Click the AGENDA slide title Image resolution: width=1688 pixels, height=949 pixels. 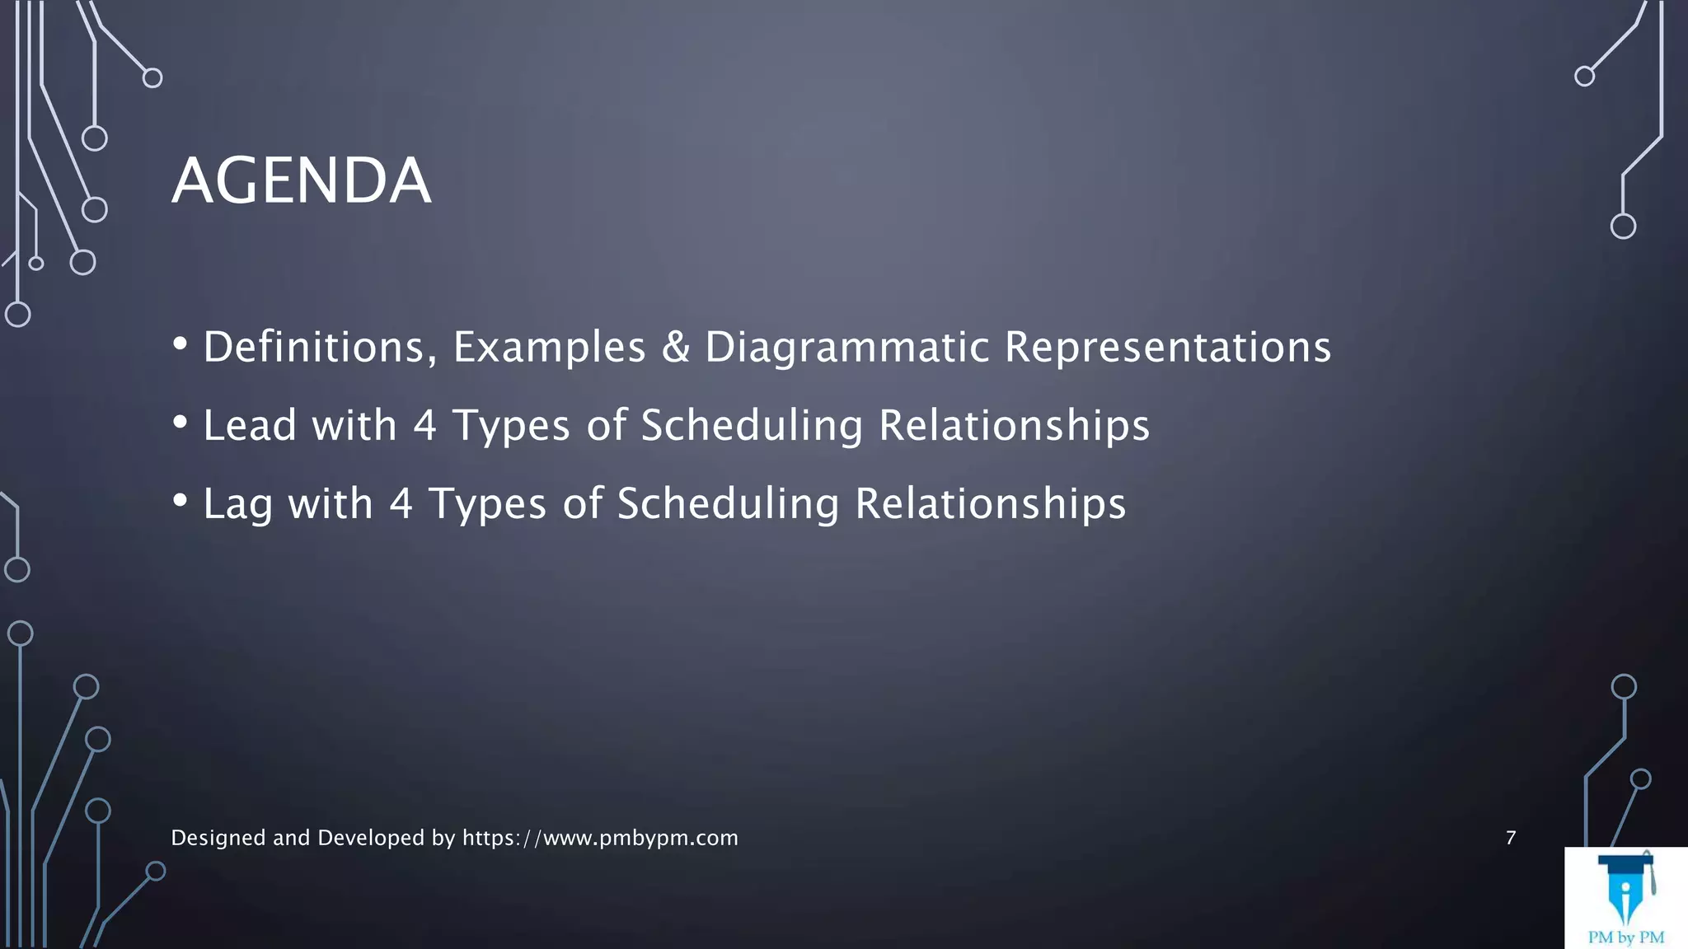[301, 180]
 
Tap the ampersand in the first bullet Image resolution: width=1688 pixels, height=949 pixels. [675, 347]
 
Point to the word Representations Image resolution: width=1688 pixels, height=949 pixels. [1167, 347]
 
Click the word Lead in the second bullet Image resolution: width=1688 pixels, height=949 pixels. [249, 426]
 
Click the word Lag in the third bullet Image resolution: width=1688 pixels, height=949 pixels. [237, 505]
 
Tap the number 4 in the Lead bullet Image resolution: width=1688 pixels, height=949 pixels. [424, 426]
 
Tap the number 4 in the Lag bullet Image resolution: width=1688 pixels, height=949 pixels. [401, 504]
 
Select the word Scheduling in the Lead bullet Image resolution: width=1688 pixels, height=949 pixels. [751, 427]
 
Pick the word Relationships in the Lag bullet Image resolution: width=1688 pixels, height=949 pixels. [990, 504]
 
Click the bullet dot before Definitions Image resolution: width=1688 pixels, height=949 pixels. [180, 344]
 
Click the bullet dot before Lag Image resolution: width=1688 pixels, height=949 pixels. [180, 500]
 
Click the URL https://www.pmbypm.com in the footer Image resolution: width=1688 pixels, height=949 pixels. [600, 838]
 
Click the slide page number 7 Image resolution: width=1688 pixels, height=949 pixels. [1510, 838]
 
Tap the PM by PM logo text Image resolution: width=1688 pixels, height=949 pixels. [1625, 937]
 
